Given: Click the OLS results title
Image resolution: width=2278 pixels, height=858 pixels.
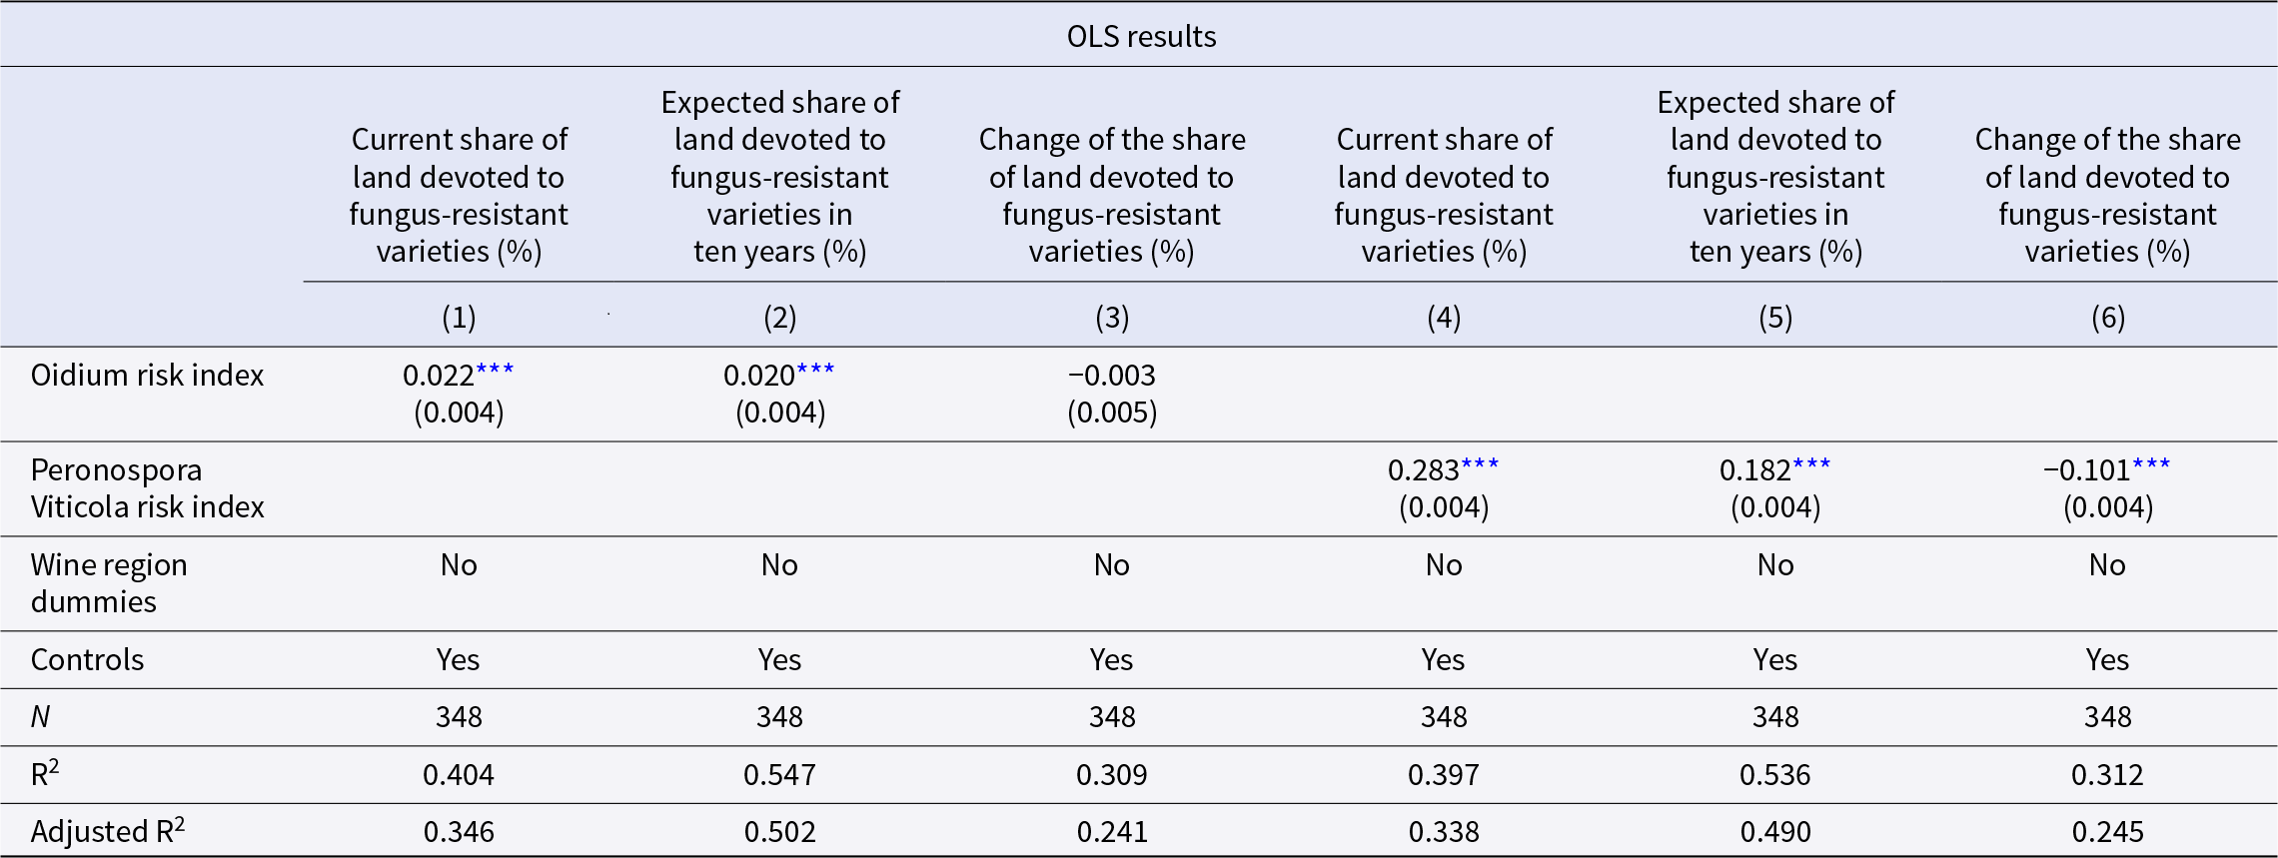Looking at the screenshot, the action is [1141, 37].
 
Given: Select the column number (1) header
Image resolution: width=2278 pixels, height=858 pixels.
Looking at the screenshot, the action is [459, 318].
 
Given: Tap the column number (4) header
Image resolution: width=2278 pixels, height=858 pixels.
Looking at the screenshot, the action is [1444, 318].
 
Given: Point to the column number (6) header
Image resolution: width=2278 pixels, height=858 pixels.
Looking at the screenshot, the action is [2108, 318].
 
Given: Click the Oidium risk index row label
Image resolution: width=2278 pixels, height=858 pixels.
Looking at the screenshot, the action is [147, 376].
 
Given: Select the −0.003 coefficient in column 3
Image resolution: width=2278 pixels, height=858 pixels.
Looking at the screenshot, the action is [1112, 376].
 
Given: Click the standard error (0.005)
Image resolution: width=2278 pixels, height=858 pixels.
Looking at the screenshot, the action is [1112, 413].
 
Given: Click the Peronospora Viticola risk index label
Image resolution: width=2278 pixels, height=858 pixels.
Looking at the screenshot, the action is [147, 488].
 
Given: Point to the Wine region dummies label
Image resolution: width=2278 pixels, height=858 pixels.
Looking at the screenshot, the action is [109, 583].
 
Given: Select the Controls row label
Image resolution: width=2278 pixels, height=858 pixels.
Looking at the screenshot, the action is [87, 660].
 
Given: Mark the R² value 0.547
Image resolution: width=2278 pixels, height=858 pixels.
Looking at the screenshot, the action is [779, 775].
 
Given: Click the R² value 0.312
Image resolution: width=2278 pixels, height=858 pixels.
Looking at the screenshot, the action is [2107, 775].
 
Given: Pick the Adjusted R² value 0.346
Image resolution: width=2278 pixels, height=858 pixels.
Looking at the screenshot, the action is [459, 832].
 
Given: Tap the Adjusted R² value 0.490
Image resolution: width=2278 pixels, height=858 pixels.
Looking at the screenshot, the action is [1775, 832].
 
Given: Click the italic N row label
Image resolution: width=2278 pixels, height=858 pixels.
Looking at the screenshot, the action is [40, 717].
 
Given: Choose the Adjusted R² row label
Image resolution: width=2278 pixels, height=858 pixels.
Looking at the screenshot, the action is [108, 831].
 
